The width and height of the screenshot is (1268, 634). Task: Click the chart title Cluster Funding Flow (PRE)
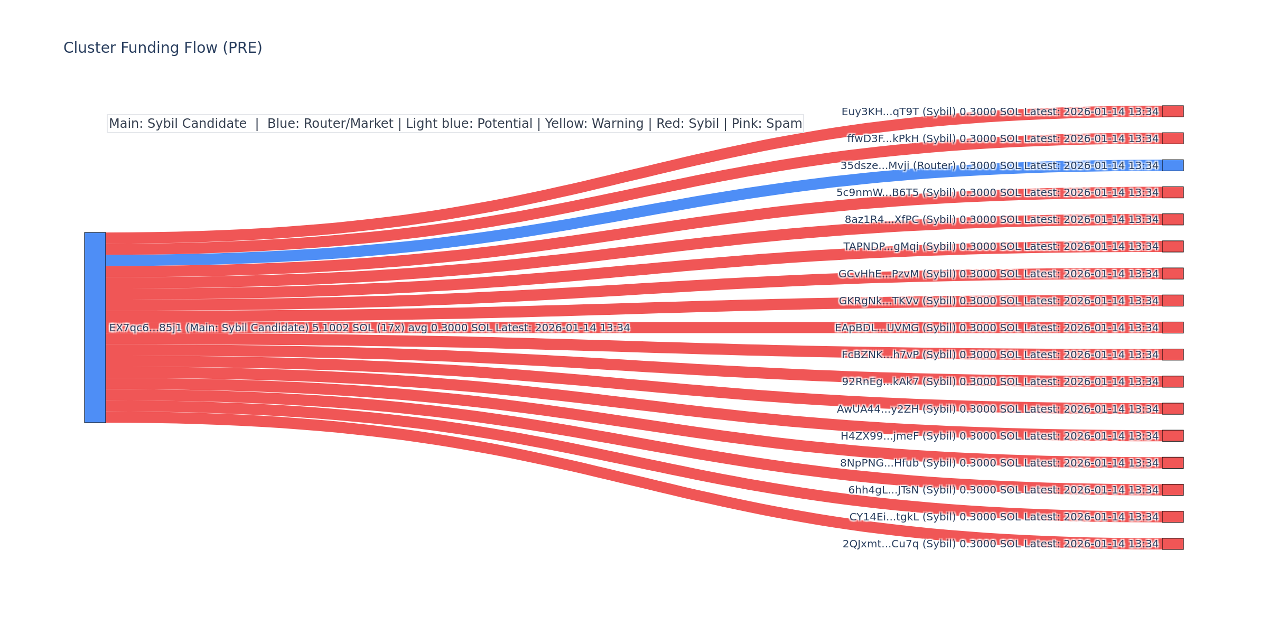[163, 48]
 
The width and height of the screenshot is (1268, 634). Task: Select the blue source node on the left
[95, 328]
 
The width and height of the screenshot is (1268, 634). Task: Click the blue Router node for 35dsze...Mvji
[1172, 165]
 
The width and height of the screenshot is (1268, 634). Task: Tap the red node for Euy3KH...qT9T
[1172, 111]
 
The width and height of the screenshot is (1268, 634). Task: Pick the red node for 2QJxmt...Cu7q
[1172, 544]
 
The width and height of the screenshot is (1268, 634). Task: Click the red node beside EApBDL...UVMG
[1172, 328]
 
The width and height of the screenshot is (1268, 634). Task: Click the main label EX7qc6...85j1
[145, 328]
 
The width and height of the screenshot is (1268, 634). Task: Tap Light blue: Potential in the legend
[469, 124]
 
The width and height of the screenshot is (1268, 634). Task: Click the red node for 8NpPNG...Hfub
[1172, 463]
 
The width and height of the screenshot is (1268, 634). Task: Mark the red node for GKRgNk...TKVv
[1172, 301]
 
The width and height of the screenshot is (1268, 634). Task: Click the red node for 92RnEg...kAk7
[1172, 381]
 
